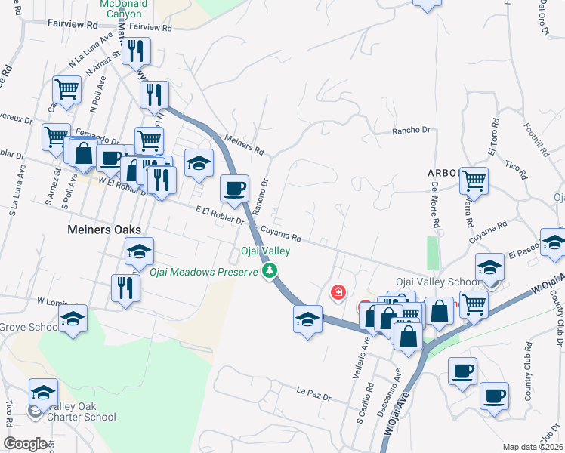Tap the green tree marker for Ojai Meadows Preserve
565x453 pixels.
coord(269,271)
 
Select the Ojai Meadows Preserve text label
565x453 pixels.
coord(203,272)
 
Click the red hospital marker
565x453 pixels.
coord(339,291)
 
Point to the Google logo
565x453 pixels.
coord(25,443)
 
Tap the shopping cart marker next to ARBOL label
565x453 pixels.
coord(474,180)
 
